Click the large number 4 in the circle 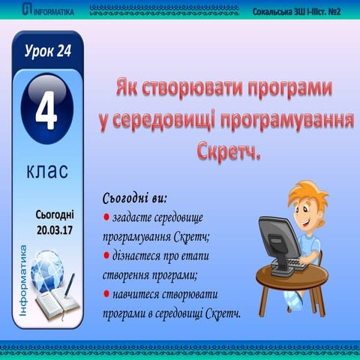[x=47, y=115]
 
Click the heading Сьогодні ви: [x=134, y=199]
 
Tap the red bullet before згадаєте [x=106, y=219]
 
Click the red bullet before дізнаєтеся [x=106, y=255]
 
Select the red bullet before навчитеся [x=106, y=291]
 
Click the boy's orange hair [x=307, y=187]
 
